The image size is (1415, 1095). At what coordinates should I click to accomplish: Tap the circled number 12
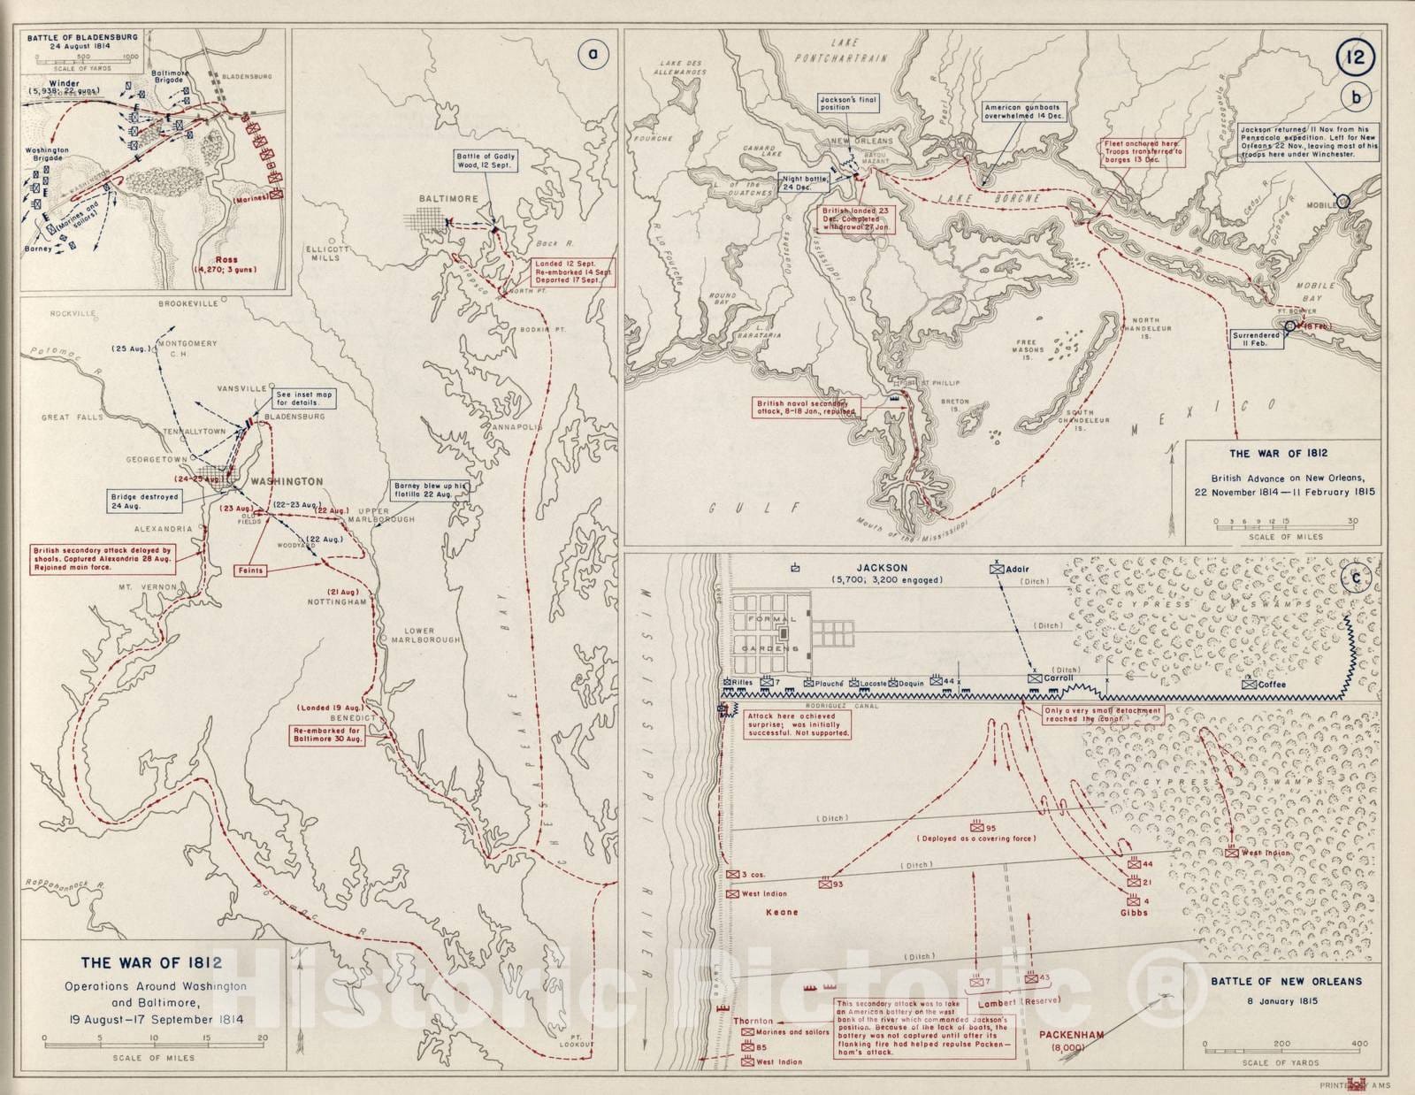pyautogui.click(x=1355, y=58)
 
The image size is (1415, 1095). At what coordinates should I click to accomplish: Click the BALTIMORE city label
pyautogui.click(x=449, y=199)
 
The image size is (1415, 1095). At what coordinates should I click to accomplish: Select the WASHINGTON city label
pyautogui.click(x=287, y=481)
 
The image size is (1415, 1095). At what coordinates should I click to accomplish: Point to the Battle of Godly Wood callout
pyautogui.click(x=486, y=160)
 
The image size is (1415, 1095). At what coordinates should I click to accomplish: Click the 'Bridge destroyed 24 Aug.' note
pyautogui.click(x=144, y=502)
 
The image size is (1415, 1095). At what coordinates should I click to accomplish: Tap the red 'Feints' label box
pyautogui.click(x=250, y=570)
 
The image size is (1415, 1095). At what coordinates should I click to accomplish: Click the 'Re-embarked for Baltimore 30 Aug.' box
pyautogui.click(x=328, y=735)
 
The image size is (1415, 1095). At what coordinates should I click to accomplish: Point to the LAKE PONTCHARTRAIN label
pyautogui.click(x=840, y=50)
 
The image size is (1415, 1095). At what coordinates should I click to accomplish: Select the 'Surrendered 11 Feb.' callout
pyautogui.click(x=1256, y=340)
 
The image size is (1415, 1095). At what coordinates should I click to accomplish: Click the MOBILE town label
pyautogui.click(x=1322, y=204)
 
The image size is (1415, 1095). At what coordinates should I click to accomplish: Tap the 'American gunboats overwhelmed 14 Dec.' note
pyautogui.click(x=1025, y=111)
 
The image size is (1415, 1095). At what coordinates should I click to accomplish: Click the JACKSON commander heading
pyautogui.click(x=882, y=568)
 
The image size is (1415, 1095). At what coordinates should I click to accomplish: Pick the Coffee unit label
pyautogui.click(x=1272, y=684)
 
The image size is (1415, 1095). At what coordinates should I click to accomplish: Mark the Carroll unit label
pyautogui.click(x=1058, y=678)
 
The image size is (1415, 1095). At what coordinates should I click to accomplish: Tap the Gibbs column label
pyautogui.click(x=1134, y=912)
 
